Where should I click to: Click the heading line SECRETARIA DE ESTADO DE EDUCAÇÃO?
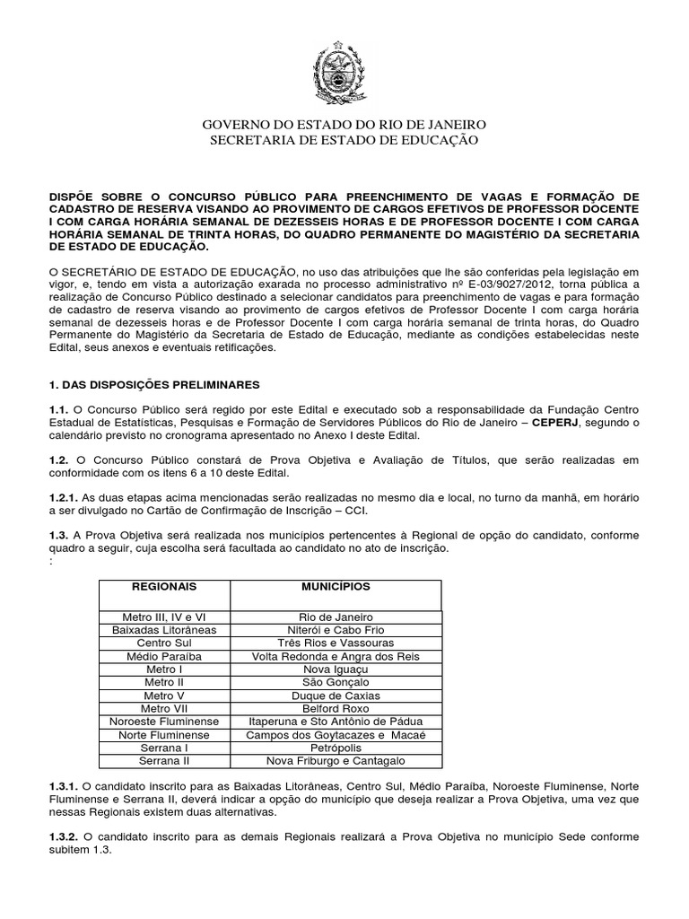click(344, 140)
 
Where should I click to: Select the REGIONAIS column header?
click(164, 586)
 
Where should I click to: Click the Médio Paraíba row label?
click(164, 657)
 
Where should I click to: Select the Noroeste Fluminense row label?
click(164, 722)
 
